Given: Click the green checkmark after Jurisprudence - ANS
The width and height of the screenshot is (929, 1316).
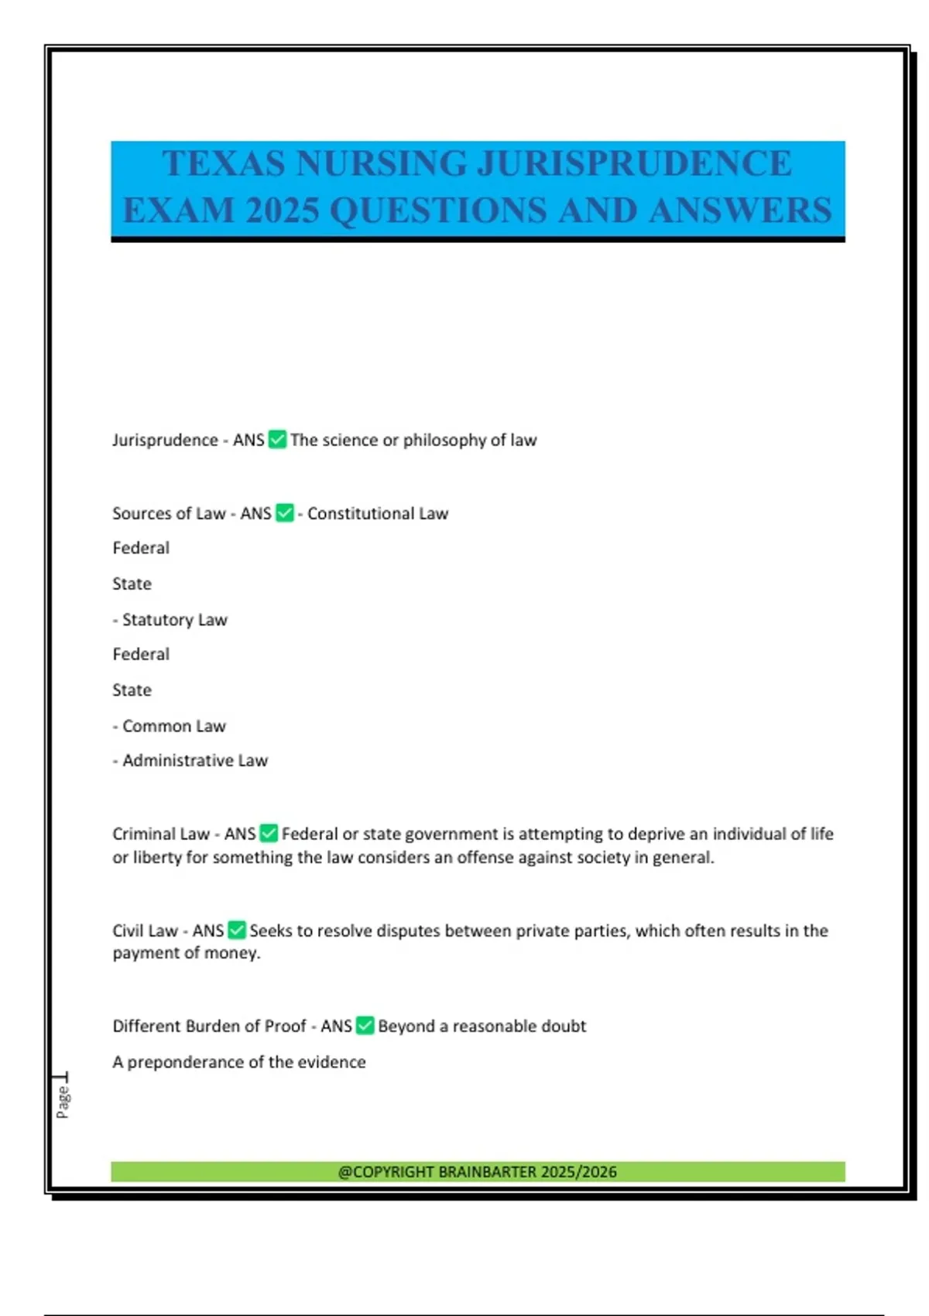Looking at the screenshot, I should [x=277, y=440].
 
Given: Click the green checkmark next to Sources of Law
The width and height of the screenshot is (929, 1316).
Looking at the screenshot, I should [x=285, y=513].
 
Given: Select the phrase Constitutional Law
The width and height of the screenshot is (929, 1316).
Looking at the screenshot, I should [x=377, y=513].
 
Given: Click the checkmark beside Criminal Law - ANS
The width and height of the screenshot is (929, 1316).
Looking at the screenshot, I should [x=269, y=834].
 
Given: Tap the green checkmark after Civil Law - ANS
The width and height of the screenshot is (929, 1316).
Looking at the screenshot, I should [x=237, y=930].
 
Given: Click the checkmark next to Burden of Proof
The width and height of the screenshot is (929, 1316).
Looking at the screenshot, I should [x=365, y=1026].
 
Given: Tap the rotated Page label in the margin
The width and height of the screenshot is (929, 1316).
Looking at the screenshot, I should [x=63, y=1102].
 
